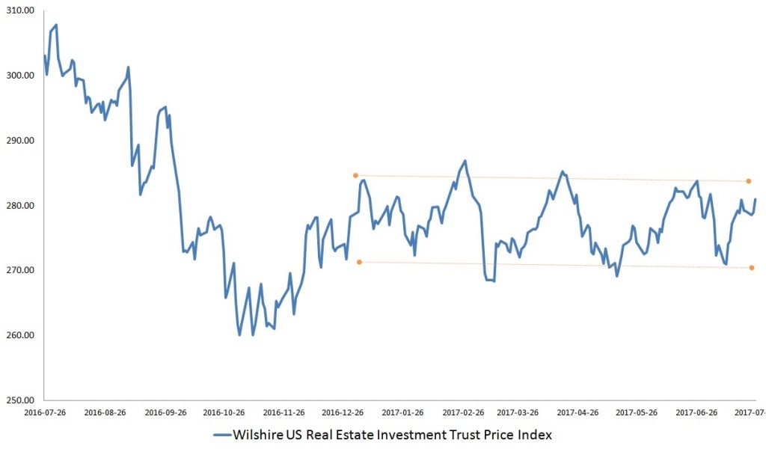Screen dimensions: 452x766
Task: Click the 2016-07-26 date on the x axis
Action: (46, 412)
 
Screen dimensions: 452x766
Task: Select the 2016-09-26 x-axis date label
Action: (165, 412)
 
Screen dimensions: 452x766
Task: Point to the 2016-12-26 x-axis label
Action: (343, 412)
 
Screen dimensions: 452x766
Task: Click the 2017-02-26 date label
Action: (462, 412)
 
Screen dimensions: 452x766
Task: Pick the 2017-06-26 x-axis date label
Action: (696, 412)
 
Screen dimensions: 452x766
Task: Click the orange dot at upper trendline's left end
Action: (356, 175)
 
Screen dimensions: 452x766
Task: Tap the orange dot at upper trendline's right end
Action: (748, 181)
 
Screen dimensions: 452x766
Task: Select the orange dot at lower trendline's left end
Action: (360, 262)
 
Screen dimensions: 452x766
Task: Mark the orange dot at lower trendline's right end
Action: (752, 268)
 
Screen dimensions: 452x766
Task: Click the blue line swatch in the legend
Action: (222, 435)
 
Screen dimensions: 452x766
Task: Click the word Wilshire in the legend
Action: (260, 435)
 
